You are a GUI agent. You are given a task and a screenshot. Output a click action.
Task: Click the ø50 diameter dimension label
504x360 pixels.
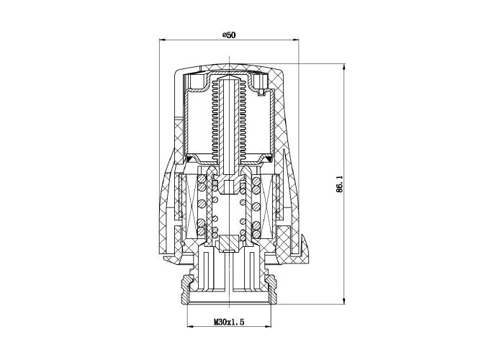coord(229,35)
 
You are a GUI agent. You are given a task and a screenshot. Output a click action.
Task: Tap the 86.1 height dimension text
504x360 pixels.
coord(340,184)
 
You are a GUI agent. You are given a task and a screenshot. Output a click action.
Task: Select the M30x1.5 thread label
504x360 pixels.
coord(229,322)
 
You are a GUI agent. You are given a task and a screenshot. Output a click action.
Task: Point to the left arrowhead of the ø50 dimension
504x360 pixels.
coord(162,40)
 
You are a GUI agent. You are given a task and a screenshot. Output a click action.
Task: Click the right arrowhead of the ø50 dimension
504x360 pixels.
coord(296,40)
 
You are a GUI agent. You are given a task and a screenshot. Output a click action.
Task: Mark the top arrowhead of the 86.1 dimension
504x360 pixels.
coord(344,67)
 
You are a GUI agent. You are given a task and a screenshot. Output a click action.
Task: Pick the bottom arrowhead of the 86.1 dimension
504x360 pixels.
coord(344,301)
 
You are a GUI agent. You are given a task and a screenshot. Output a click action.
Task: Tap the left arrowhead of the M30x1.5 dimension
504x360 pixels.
coord(190,327)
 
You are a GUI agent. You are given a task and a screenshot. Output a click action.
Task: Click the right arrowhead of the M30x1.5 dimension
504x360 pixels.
coord(268,327)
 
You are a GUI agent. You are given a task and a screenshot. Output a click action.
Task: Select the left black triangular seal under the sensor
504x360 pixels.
coord(189,158)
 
